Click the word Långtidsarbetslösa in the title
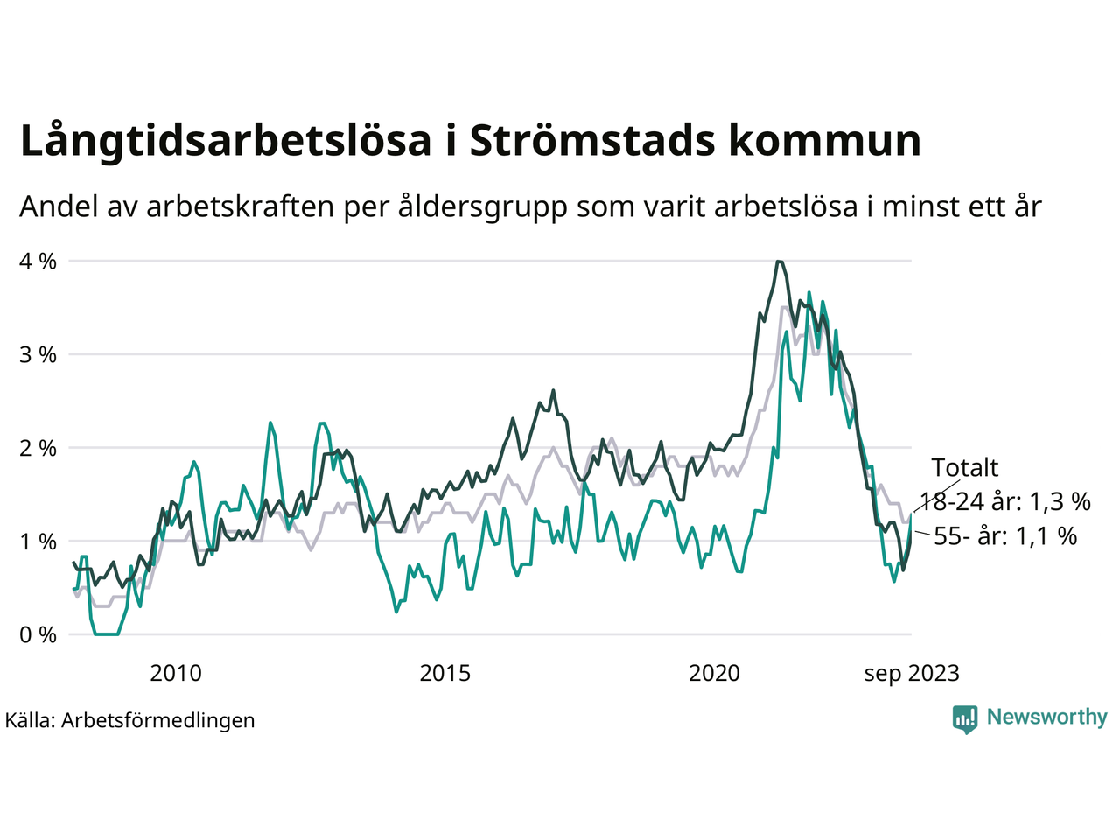(226, 142)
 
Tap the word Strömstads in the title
(591, 142)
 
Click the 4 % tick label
(38, 261)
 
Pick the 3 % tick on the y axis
(38, 354)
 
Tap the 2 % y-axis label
(38, 448)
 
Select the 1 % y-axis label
(38, 542)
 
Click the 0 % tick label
(38, 634)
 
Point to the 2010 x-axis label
(176, 673)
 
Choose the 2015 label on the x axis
(445, 673)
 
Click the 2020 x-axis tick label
(714, 673)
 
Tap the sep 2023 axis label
(912, 673)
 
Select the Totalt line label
(964, 467)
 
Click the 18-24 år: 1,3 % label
(1005, 501)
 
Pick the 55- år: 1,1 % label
(1005, 535)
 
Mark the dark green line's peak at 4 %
(779, 262)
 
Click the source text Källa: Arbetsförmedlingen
(130, 720)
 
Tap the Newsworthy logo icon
(965, 718)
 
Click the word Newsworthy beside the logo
(1046, 717)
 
